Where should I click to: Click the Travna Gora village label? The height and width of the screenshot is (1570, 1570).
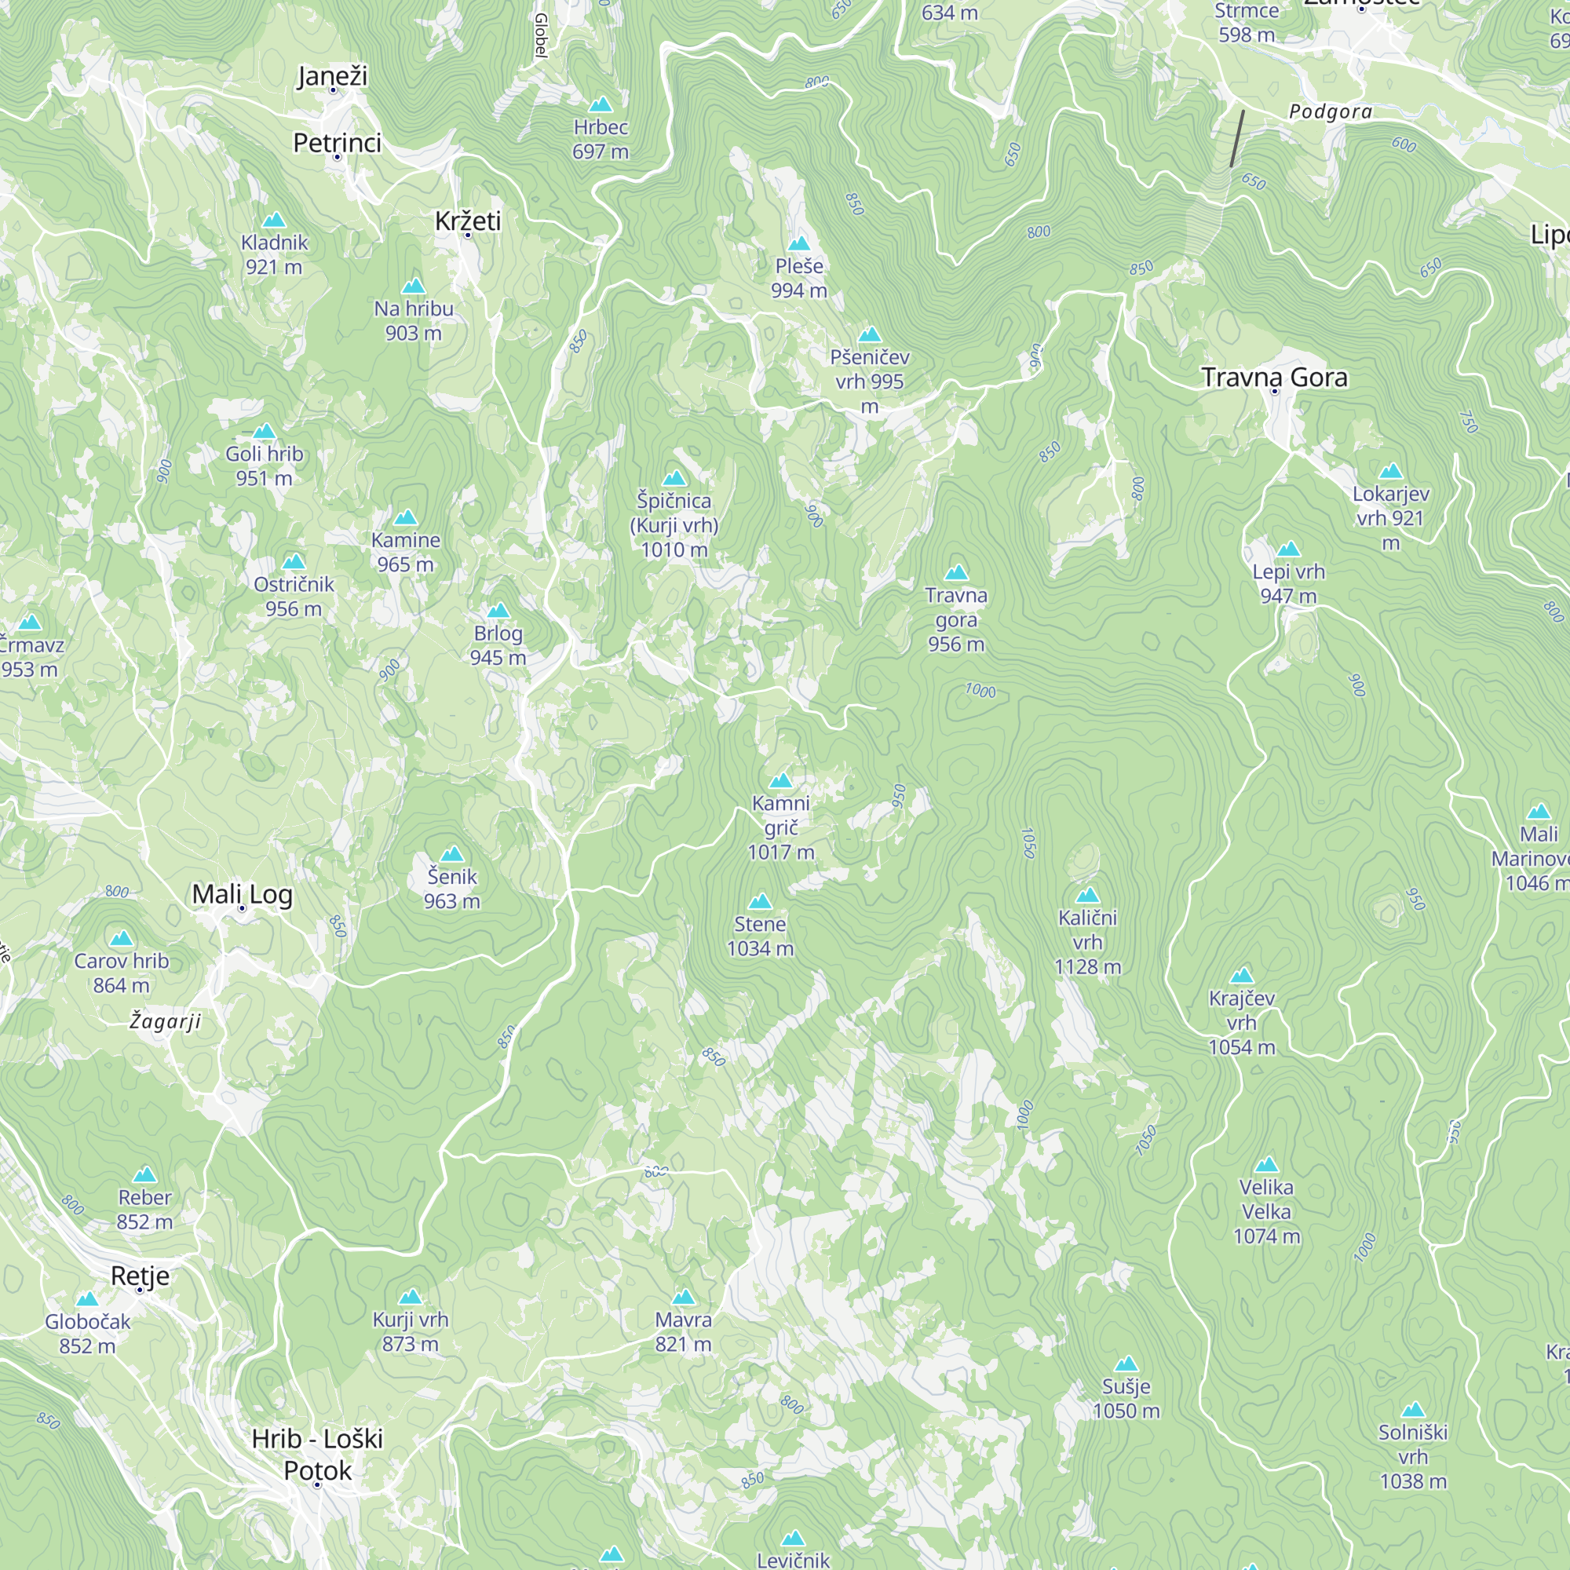(x=1273, y=377)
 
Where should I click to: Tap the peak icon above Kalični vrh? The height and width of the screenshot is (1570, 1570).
(x=1087, y=896)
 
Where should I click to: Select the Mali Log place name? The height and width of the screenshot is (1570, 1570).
(x=242, y=894)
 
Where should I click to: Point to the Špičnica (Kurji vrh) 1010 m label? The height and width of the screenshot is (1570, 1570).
(x=674, y=525)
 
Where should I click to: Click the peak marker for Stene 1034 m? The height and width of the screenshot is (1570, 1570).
(x=760, y=901)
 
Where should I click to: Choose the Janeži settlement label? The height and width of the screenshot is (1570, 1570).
(x=332, y=75)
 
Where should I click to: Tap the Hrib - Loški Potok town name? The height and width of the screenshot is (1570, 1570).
(x=317, y=1454)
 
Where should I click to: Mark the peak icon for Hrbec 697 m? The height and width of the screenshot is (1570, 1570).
(x=600, y=105)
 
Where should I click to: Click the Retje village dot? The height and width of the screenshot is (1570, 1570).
(x=140, y=1291)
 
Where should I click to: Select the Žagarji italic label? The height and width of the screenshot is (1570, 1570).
(x=165, y=1020)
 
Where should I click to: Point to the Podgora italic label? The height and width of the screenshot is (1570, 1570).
(x=1331, y=112)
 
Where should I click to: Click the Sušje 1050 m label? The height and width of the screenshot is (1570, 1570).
(x=1126, y=1399)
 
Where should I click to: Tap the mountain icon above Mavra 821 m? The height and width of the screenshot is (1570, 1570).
(x=684, y=1297)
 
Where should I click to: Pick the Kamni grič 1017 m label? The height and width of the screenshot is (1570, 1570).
(x=780, y=827)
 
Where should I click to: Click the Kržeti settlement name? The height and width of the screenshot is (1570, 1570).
(x=467, y=221)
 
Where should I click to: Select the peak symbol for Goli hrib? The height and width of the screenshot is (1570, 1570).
(x=264, y=432)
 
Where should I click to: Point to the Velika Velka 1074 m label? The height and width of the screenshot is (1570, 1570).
(x=1266, y=1211)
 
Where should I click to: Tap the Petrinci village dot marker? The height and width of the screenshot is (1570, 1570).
(x=338, y=157)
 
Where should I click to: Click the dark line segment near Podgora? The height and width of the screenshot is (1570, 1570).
(x=1237, y=138)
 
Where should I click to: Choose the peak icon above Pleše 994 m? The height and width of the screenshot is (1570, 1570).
(x=799, y=244)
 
